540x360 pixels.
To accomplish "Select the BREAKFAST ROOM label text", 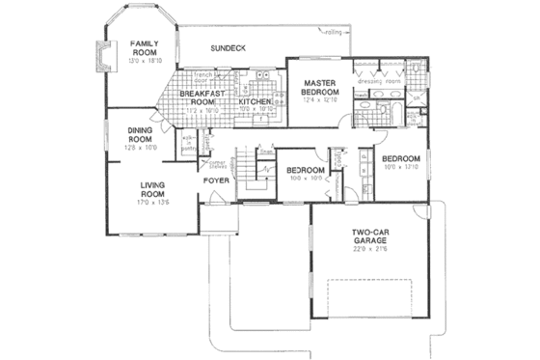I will point(201,97).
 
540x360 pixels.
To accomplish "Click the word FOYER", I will point(215,180).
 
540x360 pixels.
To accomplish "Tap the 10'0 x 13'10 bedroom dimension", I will point(399,167).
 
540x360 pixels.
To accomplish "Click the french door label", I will point(203,77).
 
